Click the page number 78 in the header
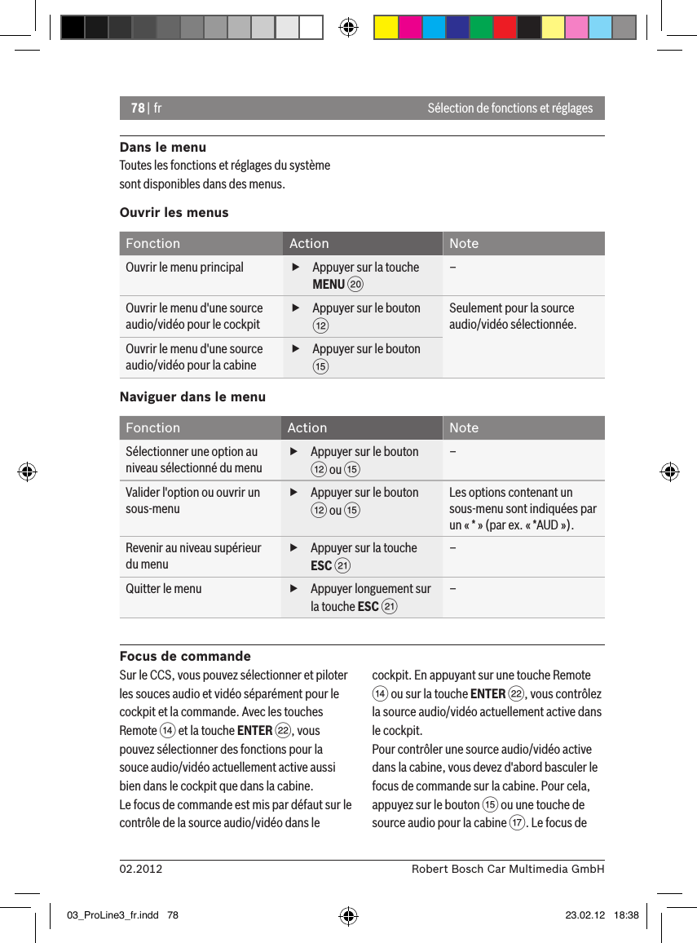click(137, 108)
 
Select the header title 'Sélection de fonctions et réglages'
click(510, 108)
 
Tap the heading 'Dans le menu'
click(162, 148)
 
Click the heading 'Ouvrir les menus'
click(174, 212)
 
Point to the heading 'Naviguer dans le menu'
click(192, 396)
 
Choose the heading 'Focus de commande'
click(185, 656)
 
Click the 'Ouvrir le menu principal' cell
click(184, 268)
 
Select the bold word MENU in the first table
click(329, 284)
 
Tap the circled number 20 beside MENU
click(355, 285)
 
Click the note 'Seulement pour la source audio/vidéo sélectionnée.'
click(512, 317)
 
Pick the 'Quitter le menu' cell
click(164, 589)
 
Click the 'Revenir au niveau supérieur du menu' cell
click(193, 556)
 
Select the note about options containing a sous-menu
click(522, 508)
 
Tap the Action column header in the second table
click(307, 427)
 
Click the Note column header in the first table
click(464, 243)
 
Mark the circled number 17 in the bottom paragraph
click(517, 822)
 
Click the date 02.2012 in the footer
click(141, 869)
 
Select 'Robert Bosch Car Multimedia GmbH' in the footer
click(507, 869)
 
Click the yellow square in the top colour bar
click(386, 28)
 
